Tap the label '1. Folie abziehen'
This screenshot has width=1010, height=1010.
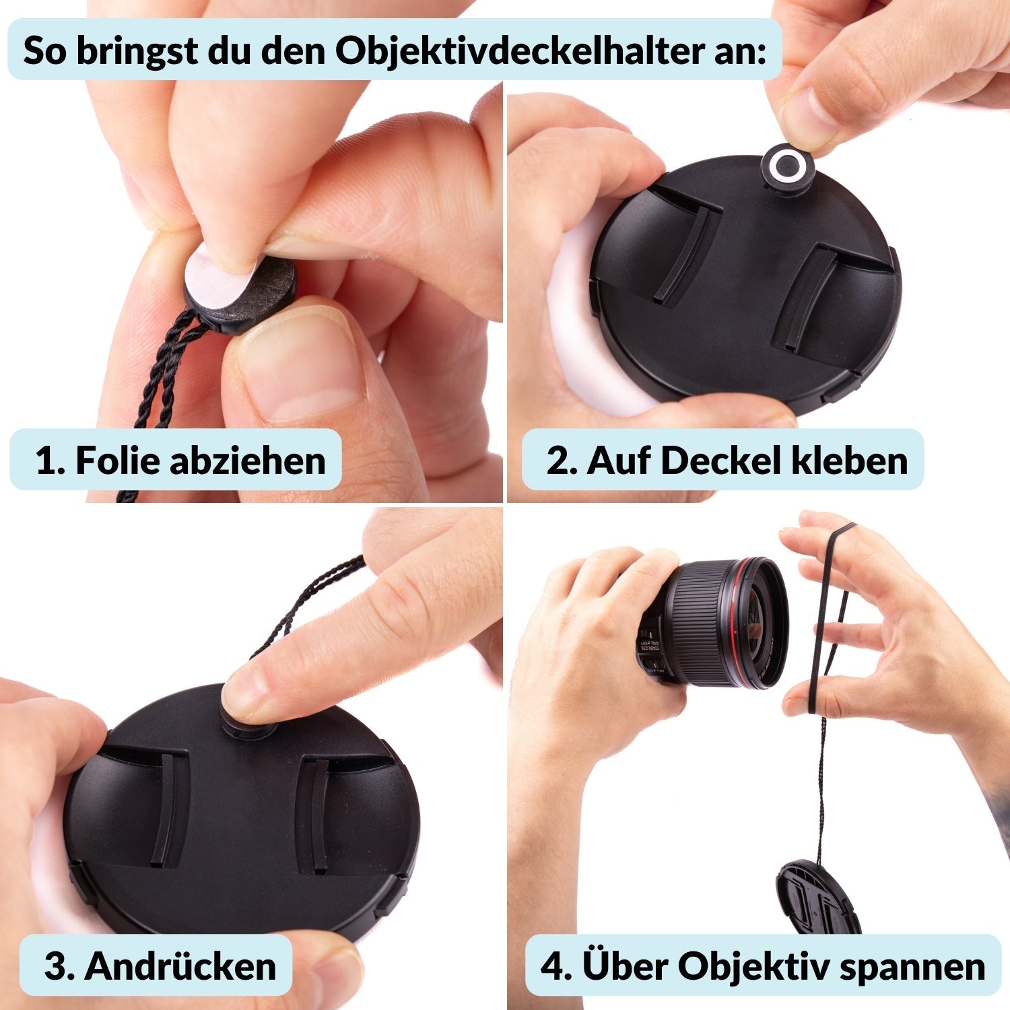click(180, 461)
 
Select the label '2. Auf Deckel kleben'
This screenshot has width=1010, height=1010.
click(727, 461)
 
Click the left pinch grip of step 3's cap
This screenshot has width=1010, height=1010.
click(165, 808)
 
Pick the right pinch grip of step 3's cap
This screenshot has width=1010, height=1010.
click(316, 815)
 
